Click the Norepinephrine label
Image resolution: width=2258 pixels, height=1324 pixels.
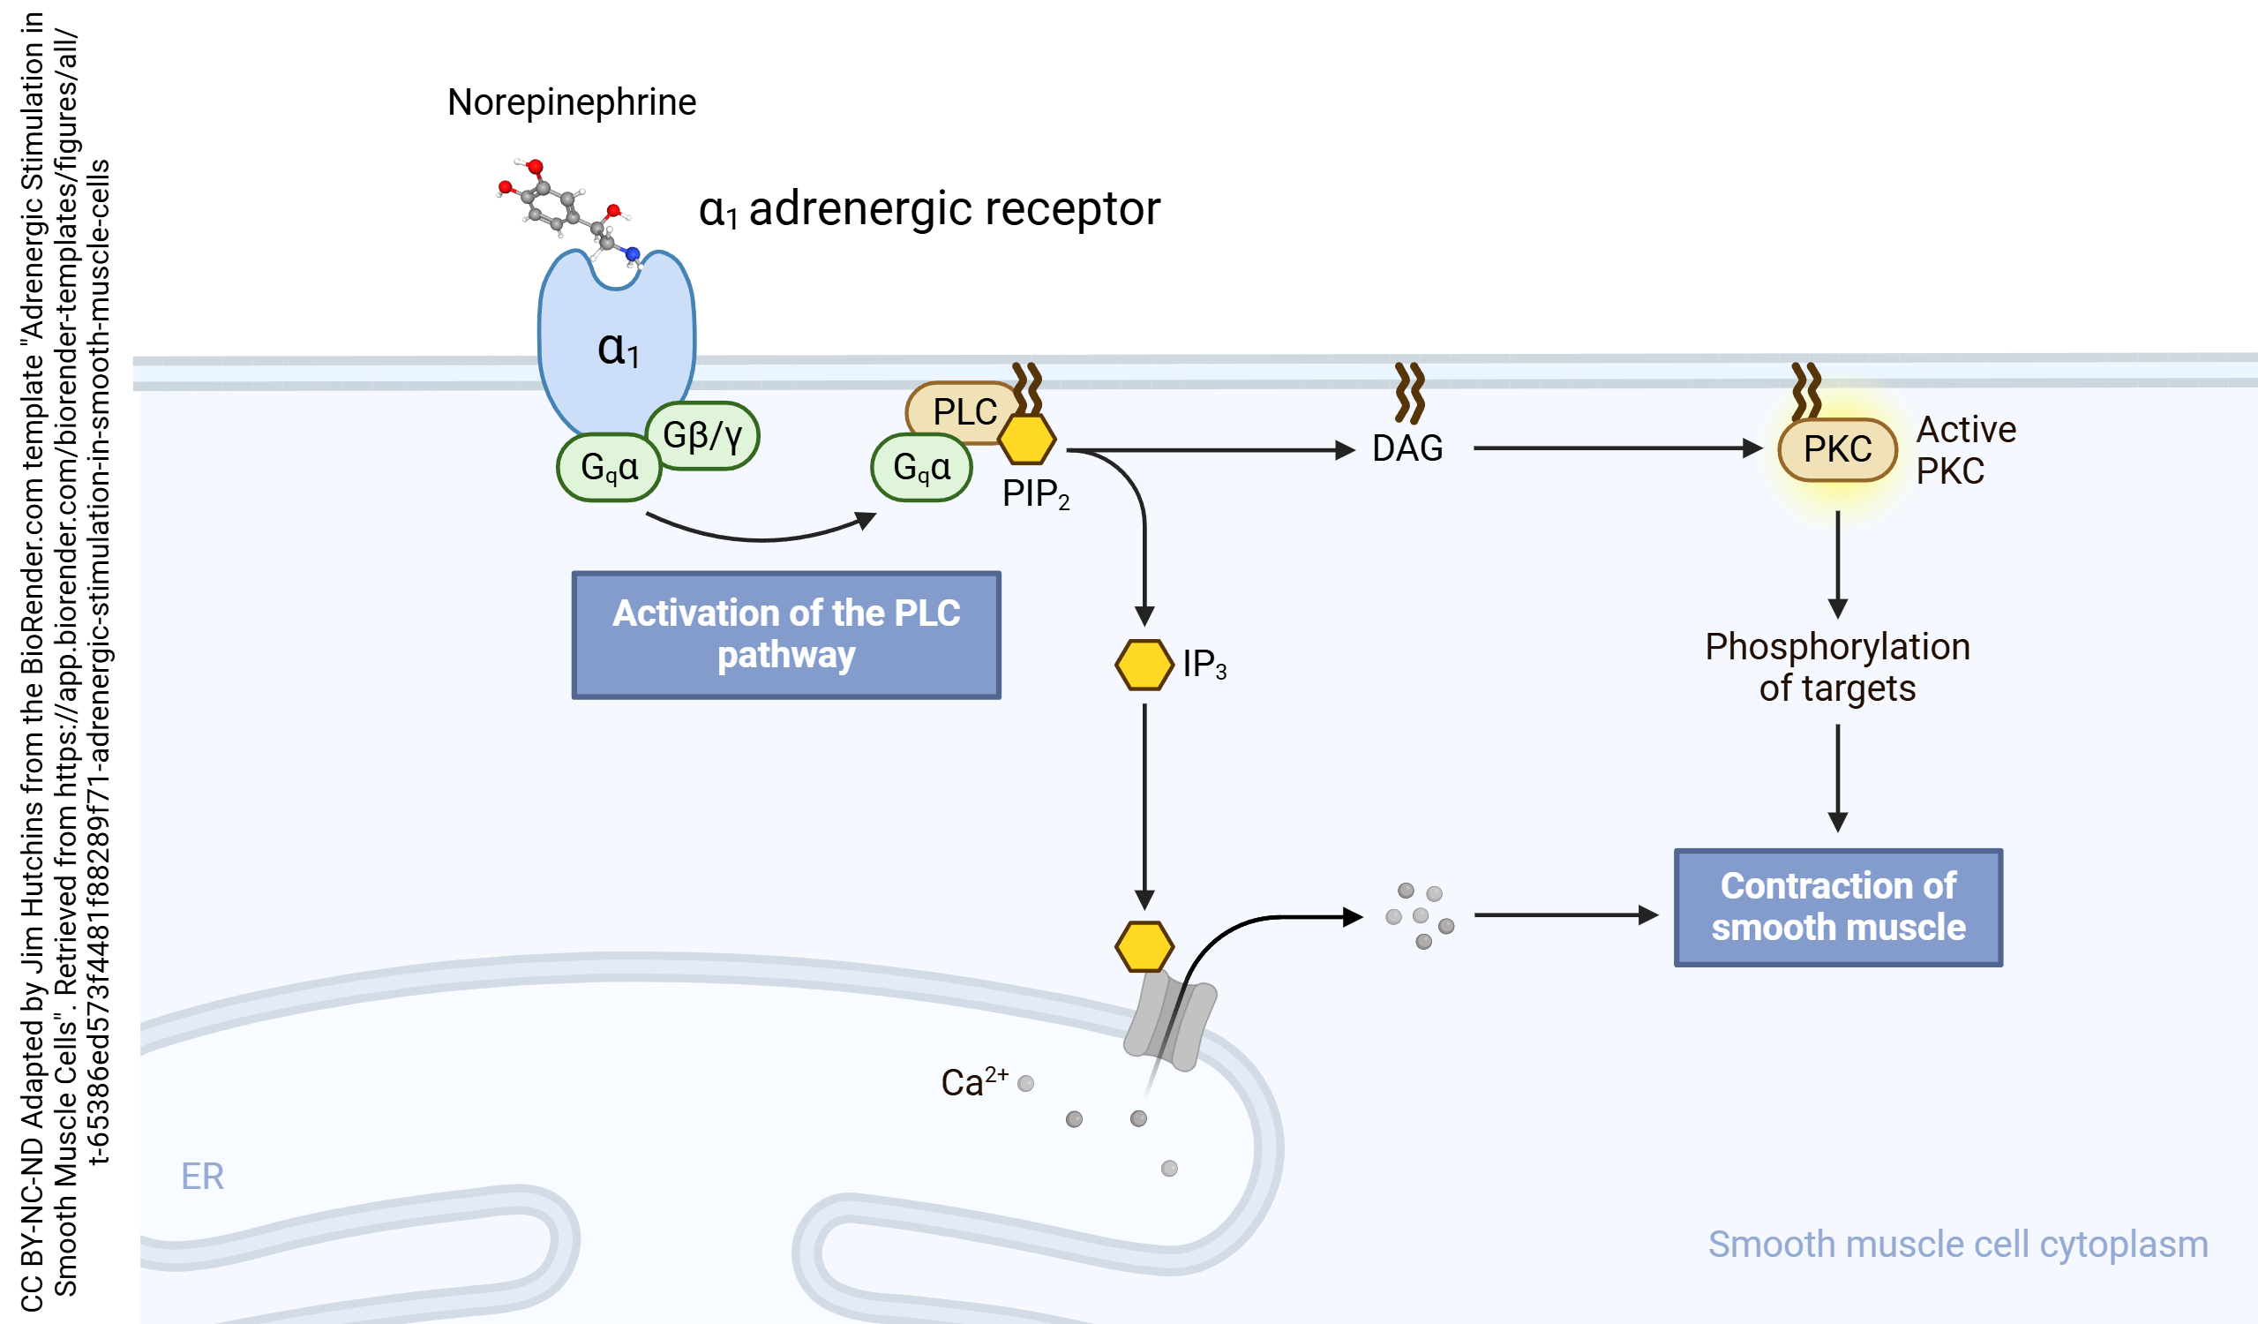572,102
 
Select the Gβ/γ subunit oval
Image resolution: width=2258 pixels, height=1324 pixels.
702,436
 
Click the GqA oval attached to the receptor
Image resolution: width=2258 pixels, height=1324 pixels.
610,467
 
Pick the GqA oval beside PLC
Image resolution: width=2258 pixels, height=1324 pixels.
921,467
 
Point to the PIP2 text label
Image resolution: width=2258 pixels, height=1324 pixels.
1035,494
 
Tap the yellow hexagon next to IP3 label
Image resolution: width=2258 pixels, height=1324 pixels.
1144,665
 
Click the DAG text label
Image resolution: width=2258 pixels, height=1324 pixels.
1407,448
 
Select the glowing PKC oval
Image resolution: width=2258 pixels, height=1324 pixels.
1837,449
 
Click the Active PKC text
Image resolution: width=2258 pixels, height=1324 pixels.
1965,450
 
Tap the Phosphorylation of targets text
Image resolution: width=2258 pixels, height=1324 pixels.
1837,667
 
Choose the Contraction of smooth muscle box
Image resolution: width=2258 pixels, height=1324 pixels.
1838,907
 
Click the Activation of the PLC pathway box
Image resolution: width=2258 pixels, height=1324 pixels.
786,635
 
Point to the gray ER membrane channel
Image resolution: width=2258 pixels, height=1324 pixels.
1170,1022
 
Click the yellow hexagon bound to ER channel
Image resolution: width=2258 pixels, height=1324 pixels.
1144,946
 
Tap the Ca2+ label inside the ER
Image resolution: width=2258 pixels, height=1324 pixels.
973,1082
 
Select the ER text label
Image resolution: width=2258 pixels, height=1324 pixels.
202,1176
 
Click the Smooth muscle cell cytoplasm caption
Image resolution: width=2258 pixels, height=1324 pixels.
1957,1245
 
